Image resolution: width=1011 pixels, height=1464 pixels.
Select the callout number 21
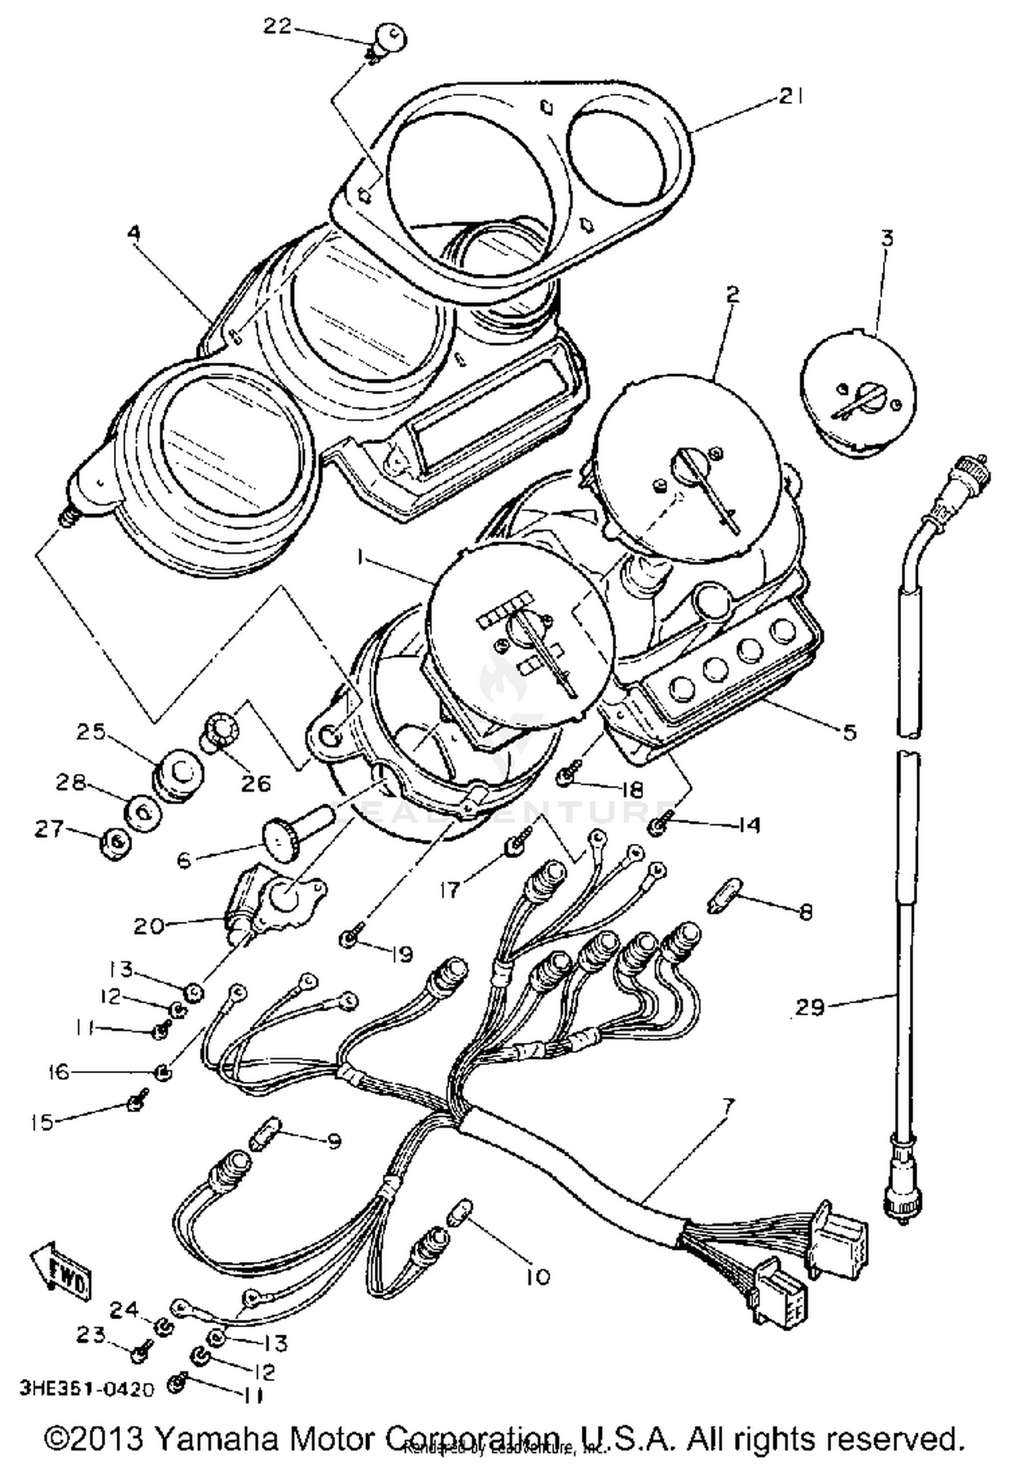(791, 96)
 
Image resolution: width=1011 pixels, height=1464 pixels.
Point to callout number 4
(134, 233)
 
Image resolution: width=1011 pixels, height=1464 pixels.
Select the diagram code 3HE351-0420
(87, 1389)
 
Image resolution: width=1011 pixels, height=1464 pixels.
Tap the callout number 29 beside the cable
(809, 1008)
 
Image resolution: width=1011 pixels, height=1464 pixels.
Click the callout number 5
(849, 731)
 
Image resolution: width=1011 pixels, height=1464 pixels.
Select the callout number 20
(148, 925)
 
